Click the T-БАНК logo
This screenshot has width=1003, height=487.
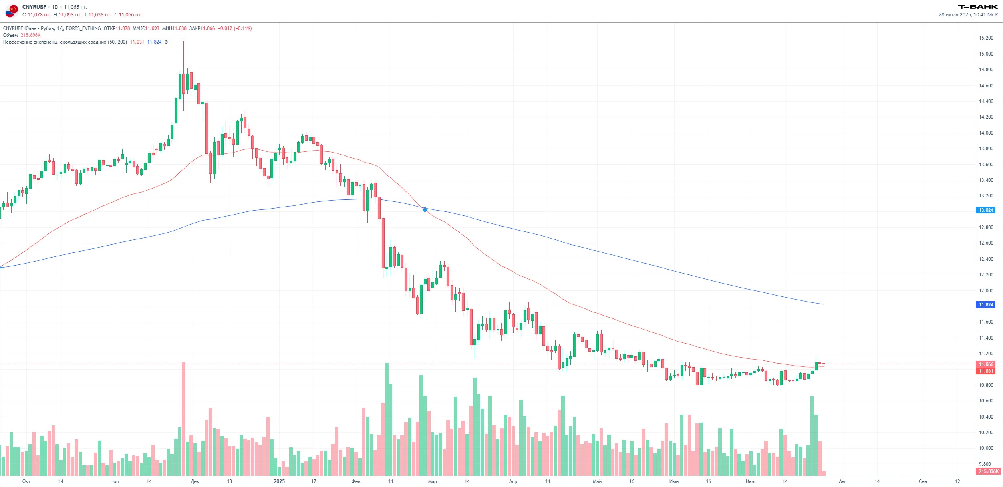coord(978,7)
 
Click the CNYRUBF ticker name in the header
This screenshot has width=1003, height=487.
coord(34,7)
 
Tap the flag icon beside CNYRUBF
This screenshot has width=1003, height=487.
coord(12,10)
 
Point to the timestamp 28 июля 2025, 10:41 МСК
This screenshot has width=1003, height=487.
coord(968,15)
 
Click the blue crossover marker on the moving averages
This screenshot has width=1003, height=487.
coord(425,209)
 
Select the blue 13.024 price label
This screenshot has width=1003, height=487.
coord(985,210)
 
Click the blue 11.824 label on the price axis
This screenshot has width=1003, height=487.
coord(985,305)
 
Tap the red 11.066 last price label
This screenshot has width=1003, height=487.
coord(985,364)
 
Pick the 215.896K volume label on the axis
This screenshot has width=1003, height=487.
coord(988,471)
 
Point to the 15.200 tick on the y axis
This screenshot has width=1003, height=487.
coord(986,38)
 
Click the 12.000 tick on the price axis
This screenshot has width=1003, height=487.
coord(986,291)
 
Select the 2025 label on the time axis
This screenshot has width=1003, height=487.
coord(279,481)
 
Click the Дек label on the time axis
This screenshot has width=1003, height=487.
coord(195,481)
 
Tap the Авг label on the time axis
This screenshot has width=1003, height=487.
coord(842,481)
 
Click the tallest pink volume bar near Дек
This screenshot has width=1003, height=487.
coord(184,419)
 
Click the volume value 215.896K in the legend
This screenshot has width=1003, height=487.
coord(31,35)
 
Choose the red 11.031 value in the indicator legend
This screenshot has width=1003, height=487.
coord(137,42)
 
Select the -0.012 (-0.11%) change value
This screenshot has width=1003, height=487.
coord(235,28)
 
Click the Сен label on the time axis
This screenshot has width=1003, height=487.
coord(923,481)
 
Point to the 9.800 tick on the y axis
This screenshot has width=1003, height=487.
coord(985,464)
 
